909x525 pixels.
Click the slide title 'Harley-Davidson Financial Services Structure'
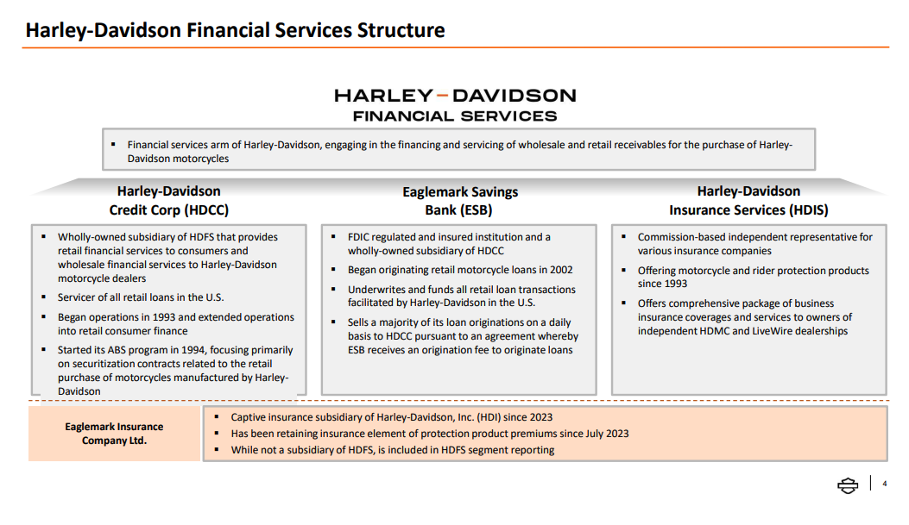[235, 31]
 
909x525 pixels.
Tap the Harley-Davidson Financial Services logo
[455, 104]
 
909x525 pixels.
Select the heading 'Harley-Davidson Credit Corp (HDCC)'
[168, 200]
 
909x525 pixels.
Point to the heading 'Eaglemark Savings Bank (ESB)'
[459, 201]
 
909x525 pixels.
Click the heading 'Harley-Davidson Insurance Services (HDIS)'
[748, 200]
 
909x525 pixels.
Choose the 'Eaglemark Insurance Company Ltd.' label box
[114, 434]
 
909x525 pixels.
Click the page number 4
[884, 484]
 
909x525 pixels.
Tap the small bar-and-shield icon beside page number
[848, 485]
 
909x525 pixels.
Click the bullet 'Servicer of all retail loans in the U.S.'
[140, 297]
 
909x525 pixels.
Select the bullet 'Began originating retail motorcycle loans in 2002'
[459, 270]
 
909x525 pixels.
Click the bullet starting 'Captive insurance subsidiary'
[391, 417]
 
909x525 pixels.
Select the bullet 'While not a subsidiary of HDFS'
[392, 450]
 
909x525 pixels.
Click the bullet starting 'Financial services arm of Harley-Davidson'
[459, 152]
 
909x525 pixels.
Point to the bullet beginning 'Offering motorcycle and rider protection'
[753, 277]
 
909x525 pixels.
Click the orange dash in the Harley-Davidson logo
[442, 95]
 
